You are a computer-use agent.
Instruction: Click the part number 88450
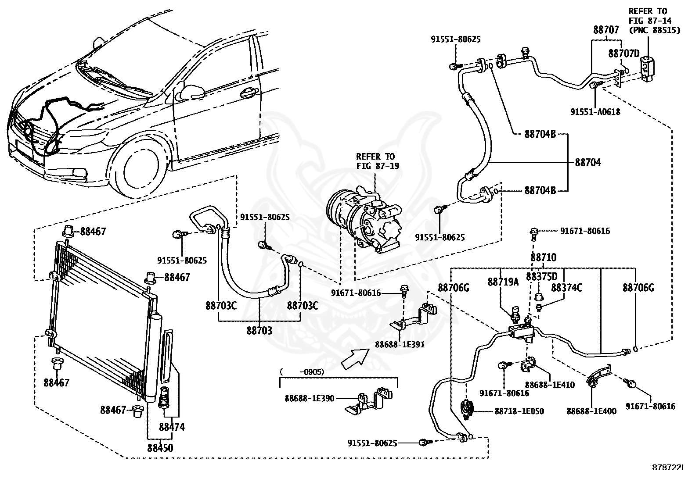tap(160, 448)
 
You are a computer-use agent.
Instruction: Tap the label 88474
tap(172, 427)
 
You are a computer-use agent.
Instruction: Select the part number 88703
tap(259, 331)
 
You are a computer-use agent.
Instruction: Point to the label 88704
tap(588, 162)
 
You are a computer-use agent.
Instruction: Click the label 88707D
tap(624, 54)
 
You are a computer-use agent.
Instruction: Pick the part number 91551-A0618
tap(595, 111)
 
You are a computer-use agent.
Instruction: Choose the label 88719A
tap(503, 282)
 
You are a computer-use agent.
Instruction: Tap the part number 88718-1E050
tap(519, 411)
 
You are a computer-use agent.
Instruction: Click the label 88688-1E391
tap(400, 345)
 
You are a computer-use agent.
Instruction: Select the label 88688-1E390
tap(309, 398)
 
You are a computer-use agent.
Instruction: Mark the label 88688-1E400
tap(592, 411)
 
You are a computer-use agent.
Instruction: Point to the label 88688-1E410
tap(550, 385)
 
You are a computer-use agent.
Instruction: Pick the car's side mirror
tap(191, 92)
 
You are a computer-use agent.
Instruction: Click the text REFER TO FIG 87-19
tap(378, 161)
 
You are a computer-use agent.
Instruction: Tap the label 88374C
tap(566, 287)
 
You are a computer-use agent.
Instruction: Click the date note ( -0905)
tap(302, 371)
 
